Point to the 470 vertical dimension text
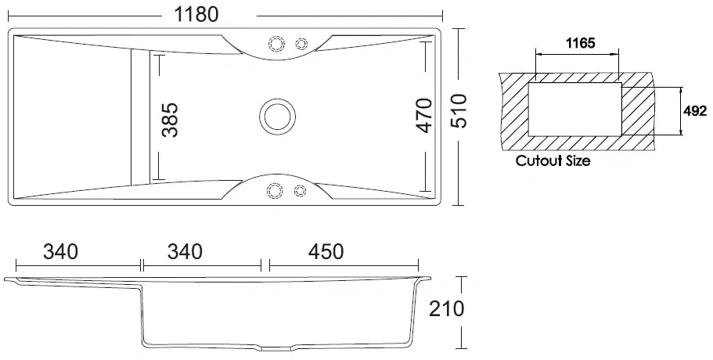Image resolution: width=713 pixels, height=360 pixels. pos(423,115)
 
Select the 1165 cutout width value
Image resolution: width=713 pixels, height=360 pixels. pos(578,44)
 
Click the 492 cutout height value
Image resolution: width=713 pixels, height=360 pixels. pos(695,112)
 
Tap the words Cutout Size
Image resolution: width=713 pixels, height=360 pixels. pos(553,162)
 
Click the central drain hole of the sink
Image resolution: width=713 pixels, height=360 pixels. pos(277,115)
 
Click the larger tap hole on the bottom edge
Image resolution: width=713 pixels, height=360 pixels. pos(275,189)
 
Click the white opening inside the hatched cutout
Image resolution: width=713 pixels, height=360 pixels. pos(575,107)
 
